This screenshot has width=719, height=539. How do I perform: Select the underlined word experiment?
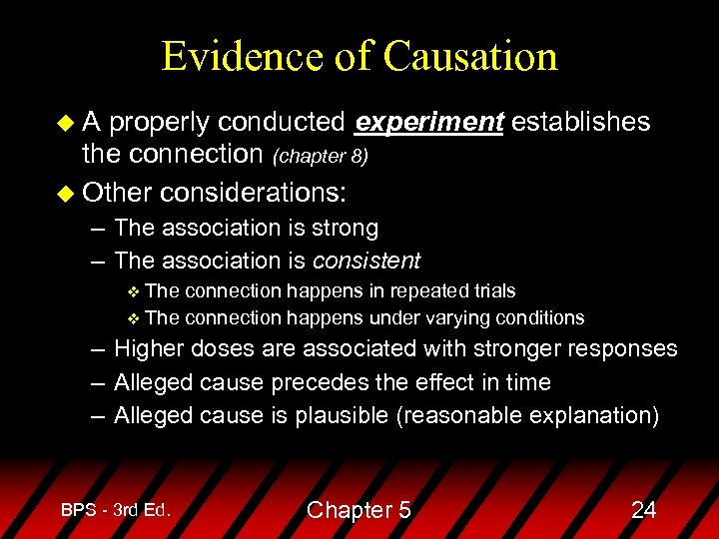coord(429,122)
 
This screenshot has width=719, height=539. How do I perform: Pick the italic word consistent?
coord(366,261)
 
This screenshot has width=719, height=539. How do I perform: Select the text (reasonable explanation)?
coord(528,415)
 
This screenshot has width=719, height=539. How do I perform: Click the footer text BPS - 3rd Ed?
coord(116,509)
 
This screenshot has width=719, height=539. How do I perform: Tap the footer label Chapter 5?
coord(359,510)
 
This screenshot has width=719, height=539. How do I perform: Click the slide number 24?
coord(644,510)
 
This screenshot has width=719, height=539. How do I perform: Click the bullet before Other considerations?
coord(67,189)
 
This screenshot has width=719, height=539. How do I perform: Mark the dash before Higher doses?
coord(94,349)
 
